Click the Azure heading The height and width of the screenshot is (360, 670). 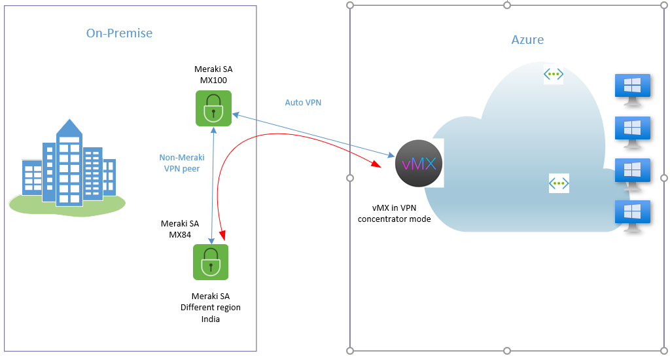[x=527, y=40]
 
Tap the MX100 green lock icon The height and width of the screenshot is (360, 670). [x=213, y=107]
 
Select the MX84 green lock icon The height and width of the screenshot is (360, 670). [x=211, y=262]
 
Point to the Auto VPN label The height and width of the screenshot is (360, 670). [x=303, y=103]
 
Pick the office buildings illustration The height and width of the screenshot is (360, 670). [x=67, y=167]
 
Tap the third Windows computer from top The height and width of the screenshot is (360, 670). [x=633, y=173]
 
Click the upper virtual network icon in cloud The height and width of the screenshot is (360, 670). [x=554, y=75]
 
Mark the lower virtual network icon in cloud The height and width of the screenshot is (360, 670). [x=559, y=183]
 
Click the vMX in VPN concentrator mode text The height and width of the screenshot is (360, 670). [x=394, y=213]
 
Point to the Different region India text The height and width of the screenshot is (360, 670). [x=211, y=308]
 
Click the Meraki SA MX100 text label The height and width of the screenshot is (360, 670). [x=213, y=75]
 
